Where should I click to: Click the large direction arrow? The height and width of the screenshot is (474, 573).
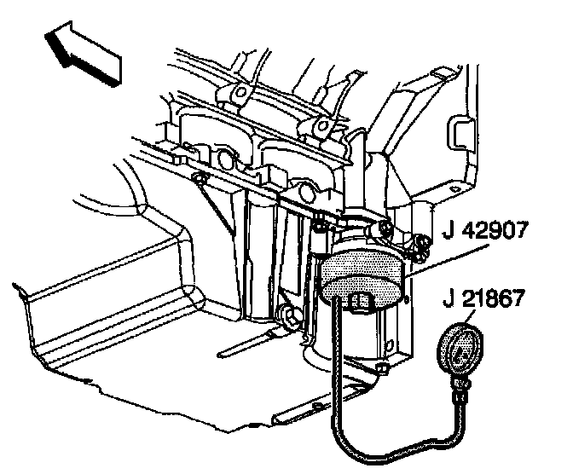(x=82, y=53)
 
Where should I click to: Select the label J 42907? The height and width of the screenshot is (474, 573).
(x=485, y=229)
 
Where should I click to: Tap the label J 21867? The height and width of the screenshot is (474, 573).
(x=483, y=298)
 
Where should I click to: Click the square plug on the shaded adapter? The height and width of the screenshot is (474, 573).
(x=360, y=302)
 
